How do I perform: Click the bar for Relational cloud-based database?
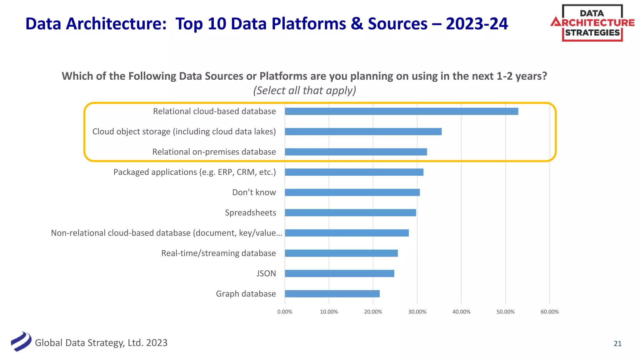[401, 111]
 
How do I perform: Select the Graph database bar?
[332, 294]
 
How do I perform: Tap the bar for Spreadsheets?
[350, 213]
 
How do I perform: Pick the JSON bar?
[339, 274]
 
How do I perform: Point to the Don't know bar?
[352, 192]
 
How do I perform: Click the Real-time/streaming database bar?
[341, 253]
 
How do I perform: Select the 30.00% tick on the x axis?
[417, 312]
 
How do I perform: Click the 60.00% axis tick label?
[549, 312]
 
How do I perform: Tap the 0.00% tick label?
[285, 312]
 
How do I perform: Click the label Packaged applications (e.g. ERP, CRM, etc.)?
[194, 172]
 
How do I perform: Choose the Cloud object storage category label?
[184, 132]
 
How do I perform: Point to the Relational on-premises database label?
[214, 152]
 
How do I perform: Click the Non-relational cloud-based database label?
[166, 233]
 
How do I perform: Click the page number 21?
[617, 344]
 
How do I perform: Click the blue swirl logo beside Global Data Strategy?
[21, 342]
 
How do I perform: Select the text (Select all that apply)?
[304, 91]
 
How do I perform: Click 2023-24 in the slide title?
[477, 24]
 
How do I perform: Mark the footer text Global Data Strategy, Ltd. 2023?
[101, 343]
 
